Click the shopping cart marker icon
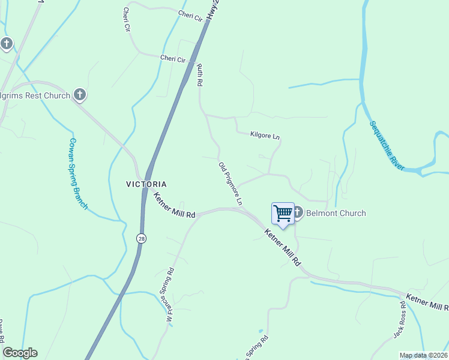point(283,214)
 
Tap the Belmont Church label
point(336,213)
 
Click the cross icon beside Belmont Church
point(297,212)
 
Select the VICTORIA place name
point(146,184)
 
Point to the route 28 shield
point(140,238)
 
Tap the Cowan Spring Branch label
point(78,174)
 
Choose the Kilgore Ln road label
point(265,136)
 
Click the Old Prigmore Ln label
point(230,184)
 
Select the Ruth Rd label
point(200,74)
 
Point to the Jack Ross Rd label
point(400,323)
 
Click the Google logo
point(20,353)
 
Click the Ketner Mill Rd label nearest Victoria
point(174,205)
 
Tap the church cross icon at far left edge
point(7,44)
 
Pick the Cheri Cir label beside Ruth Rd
point(173,58)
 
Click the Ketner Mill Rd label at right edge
point(427,302)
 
